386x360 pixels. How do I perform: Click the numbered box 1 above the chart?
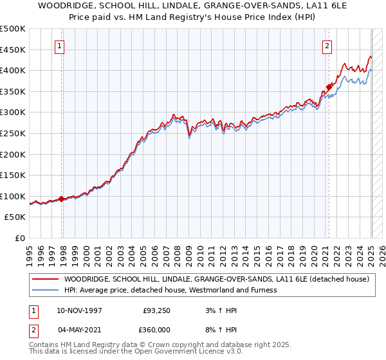[x=60, y=46]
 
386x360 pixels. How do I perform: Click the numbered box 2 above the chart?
[x=327, y=46]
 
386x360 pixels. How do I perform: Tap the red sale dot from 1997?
[x=62, y=199]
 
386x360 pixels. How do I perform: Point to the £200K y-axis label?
[x=14, y=154]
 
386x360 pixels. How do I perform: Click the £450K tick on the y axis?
[x=14, y=50]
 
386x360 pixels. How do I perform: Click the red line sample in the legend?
[x=46, y=279]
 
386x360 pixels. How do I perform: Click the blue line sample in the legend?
[x=46, y=290]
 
